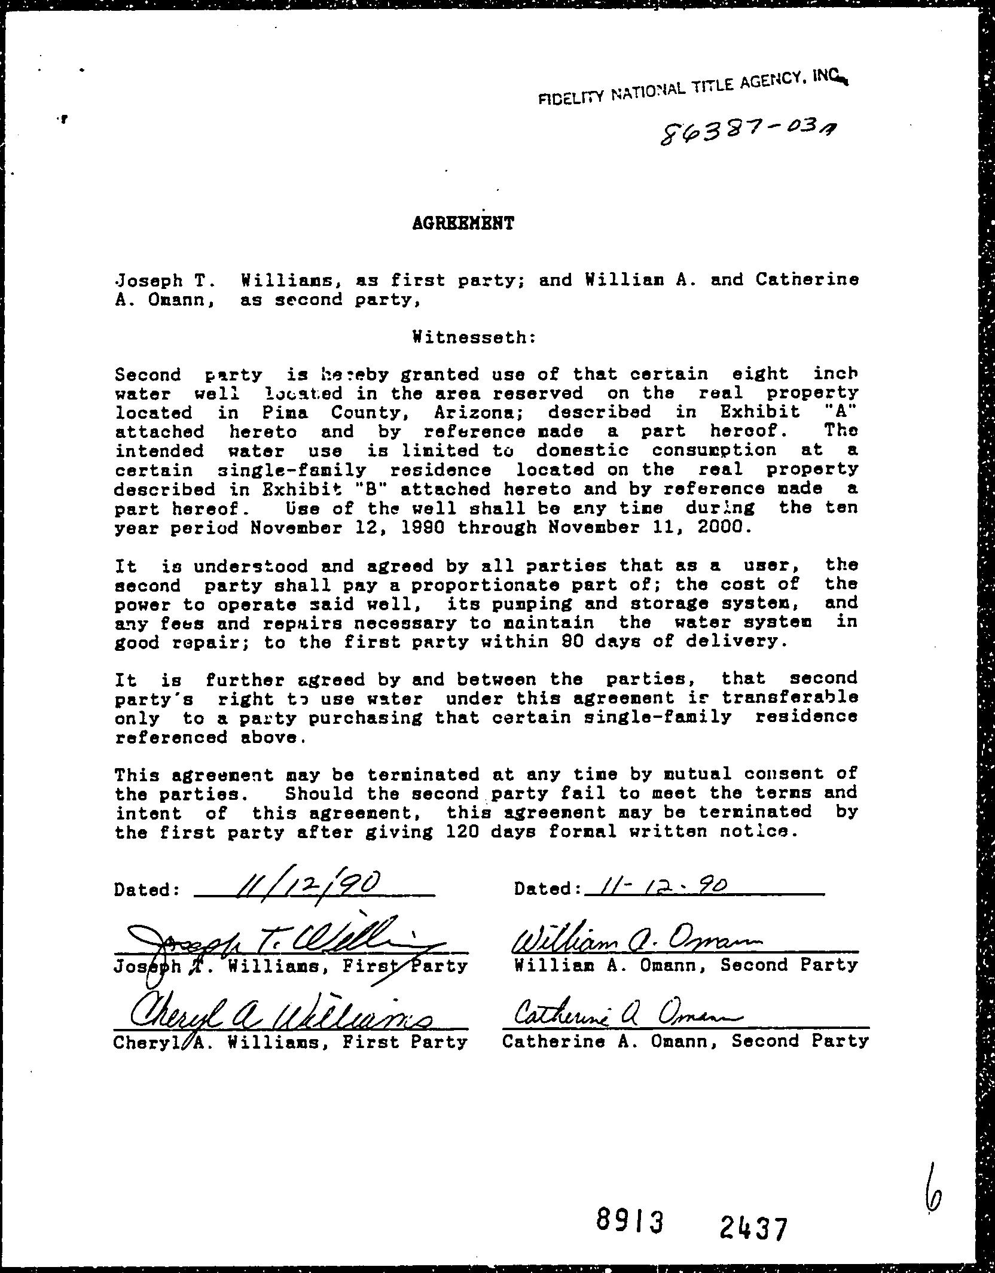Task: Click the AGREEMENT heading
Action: [463, 224]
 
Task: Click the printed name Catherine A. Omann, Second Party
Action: [685, 1041]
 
